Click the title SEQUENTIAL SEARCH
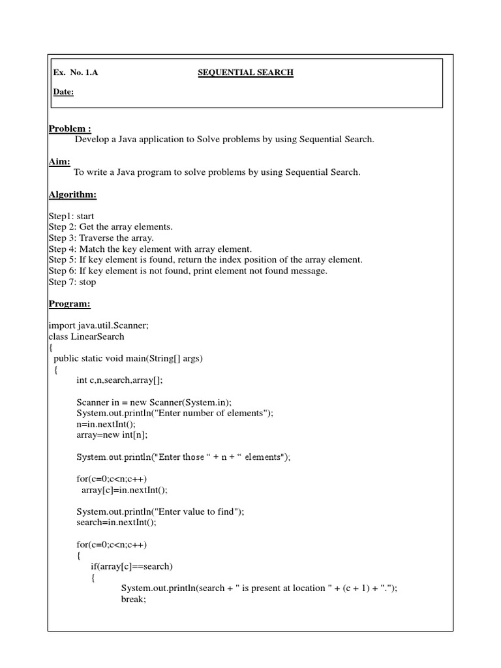pos(245,72)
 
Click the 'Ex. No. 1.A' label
pos(76,72)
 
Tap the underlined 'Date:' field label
pos(63,92)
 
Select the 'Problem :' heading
pos(70,128)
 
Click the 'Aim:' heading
pos(59,160)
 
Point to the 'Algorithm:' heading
pos(72,194)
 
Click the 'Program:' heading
pos(69,303)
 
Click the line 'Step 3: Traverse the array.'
pos(101,237)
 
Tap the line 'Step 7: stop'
pos(72,282)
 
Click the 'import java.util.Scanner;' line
pos(99,326)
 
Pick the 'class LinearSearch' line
pos(86,337)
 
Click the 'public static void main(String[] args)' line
pos(129,358)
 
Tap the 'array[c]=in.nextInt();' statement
pos(125,490)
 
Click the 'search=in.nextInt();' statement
pos(117,523)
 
